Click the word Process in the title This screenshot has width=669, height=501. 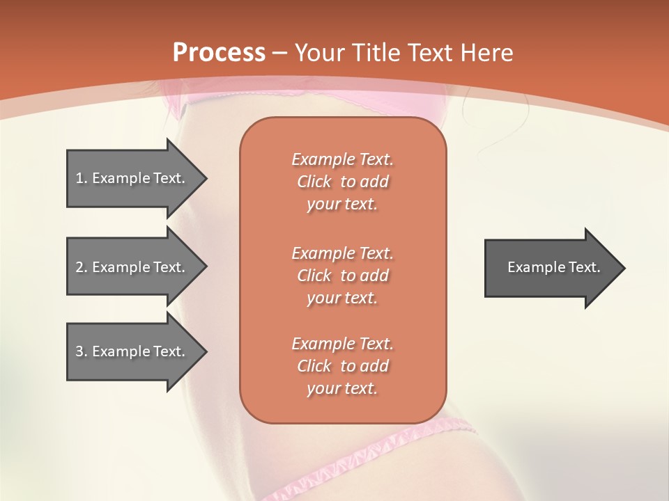tap(219, 53)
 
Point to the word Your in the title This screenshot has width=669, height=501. tap(320, 53)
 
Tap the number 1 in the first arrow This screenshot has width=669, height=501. tap(79, 178)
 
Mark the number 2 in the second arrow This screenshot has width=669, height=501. tap(79, 267)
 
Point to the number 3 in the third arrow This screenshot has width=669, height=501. tap(79, 351)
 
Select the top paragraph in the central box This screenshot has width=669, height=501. tap(342, 182)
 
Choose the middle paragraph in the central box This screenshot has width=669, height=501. tap(342, 276)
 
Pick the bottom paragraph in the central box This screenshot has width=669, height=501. tap(342, 366)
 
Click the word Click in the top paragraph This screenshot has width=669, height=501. tap(314, 182)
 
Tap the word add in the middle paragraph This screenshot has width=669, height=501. tap(375, 276)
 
